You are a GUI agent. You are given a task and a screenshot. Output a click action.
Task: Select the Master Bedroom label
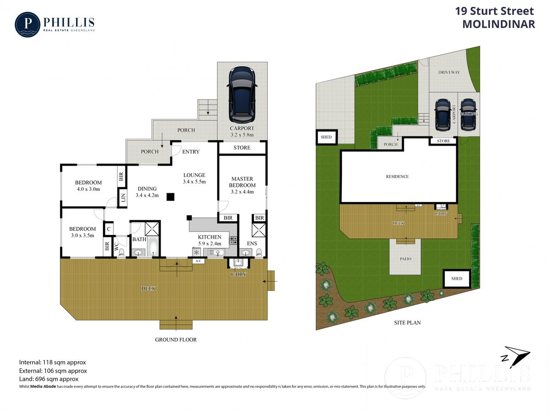(x=242, y=185)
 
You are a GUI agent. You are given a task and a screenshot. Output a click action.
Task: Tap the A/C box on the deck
(x=199, y=261)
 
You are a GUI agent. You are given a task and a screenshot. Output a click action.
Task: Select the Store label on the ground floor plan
(x=242, y=148)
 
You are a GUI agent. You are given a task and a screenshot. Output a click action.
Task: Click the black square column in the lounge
(x=170, y=197)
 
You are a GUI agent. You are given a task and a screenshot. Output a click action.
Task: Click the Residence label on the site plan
(x=397, y=177)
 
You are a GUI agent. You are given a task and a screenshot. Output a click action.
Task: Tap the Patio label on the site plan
(x=405, y=259)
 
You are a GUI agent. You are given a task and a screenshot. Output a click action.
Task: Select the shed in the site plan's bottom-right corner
(x=456, y=278)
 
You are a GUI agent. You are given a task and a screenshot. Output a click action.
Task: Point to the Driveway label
(x=449, y=72)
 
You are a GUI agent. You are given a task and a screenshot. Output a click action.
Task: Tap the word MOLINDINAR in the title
(x=498, y=25)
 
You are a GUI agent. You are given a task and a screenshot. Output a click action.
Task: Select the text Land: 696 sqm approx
(x=48, y=379)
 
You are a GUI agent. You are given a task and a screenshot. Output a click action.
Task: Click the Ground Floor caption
(x=176, y=340)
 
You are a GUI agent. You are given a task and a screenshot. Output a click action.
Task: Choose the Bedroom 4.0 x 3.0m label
(x=88, y=186)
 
